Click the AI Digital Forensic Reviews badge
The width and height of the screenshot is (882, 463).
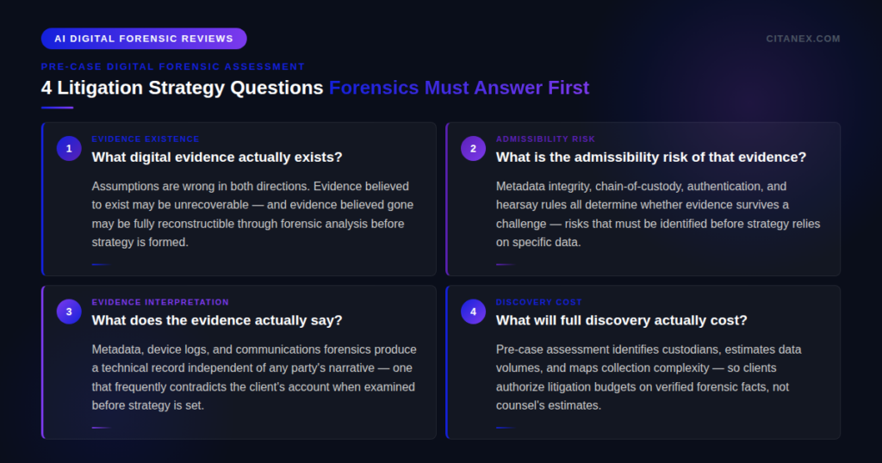[x=144, y=39]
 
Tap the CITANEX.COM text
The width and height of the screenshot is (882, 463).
[x=803, y=39]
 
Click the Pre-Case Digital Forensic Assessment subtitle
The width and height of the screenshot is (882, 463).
[x=172, y=66]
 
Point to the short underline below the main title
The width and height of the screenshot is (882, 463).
[x=57, y=108]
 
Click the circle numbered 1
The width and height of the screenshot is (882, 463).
[x=69, y=149]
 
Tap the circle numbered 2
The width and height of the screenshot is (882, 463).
[x=473, y=149]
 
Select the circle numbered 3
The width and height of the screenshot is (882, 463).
[x=69, y=312]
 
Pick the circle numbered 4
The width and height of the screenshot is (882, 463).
[x=473, y=312]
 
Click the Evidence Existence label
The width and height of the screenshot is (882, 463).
[x=145, y=139]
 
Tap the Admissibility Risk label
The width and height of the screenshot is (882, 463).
[x=545, y=139]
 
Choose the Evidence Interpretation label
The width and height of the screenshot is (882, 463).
[x=160, y=302]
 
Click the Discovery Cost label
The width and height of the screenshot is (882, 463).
[x=538, y=302]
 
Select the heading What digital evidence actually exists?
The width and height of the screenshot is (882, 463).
[x=217, y=157]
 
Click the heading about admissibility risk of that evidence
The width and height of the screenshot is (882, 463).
[x=650, y=157]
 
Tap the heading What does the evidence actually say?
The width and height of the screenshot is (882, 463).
[x=217, y=320]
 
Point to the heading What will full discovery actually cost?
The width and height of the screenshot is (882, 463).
[x=621, y=320]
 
